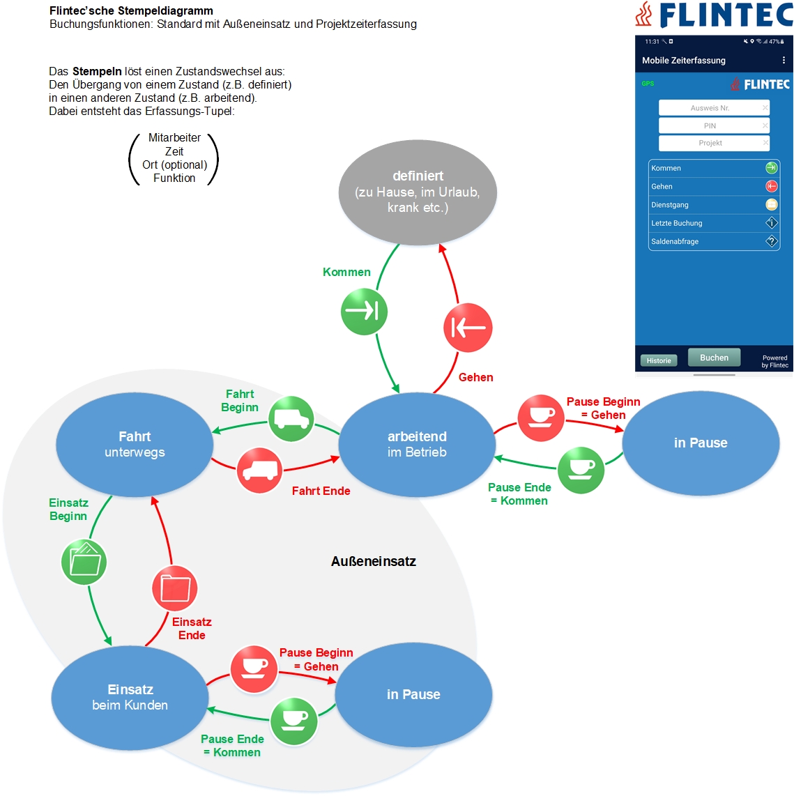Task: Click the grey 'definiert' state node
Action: click(x=418, y=192)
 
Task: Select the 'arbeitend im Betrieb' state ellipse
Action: click(x=417, y=444)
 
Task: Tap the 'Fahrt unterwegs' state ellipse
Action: click(x=135, y=444)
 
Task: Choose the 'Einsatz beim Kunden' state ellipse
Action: click(x=130, y=697)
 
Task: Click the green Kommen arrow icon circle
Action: click(x=364, y=311)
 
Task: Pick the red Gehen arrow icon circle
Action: click(x=468, y=328)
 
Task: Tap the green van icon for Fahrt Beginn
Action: click(x=291, y=418)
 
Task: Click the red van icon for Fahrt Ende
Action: click(x=259, y=470)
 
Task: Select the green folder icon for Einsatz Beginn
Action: click(x=84, y=562)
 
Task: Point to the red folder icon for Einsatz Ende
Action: click(x=175, y=588)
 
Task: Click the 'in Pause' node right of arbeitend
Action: click(x=701, y=443)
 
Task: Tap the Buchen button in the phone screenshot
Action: click(x=714, y=358)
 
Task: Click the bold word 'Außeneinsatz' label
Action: click(x=374, y=562)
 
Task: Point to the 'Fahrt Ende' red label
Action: click(x=321, y=491)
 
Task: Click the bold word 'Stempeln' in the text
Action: click(x=97, y=71)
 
